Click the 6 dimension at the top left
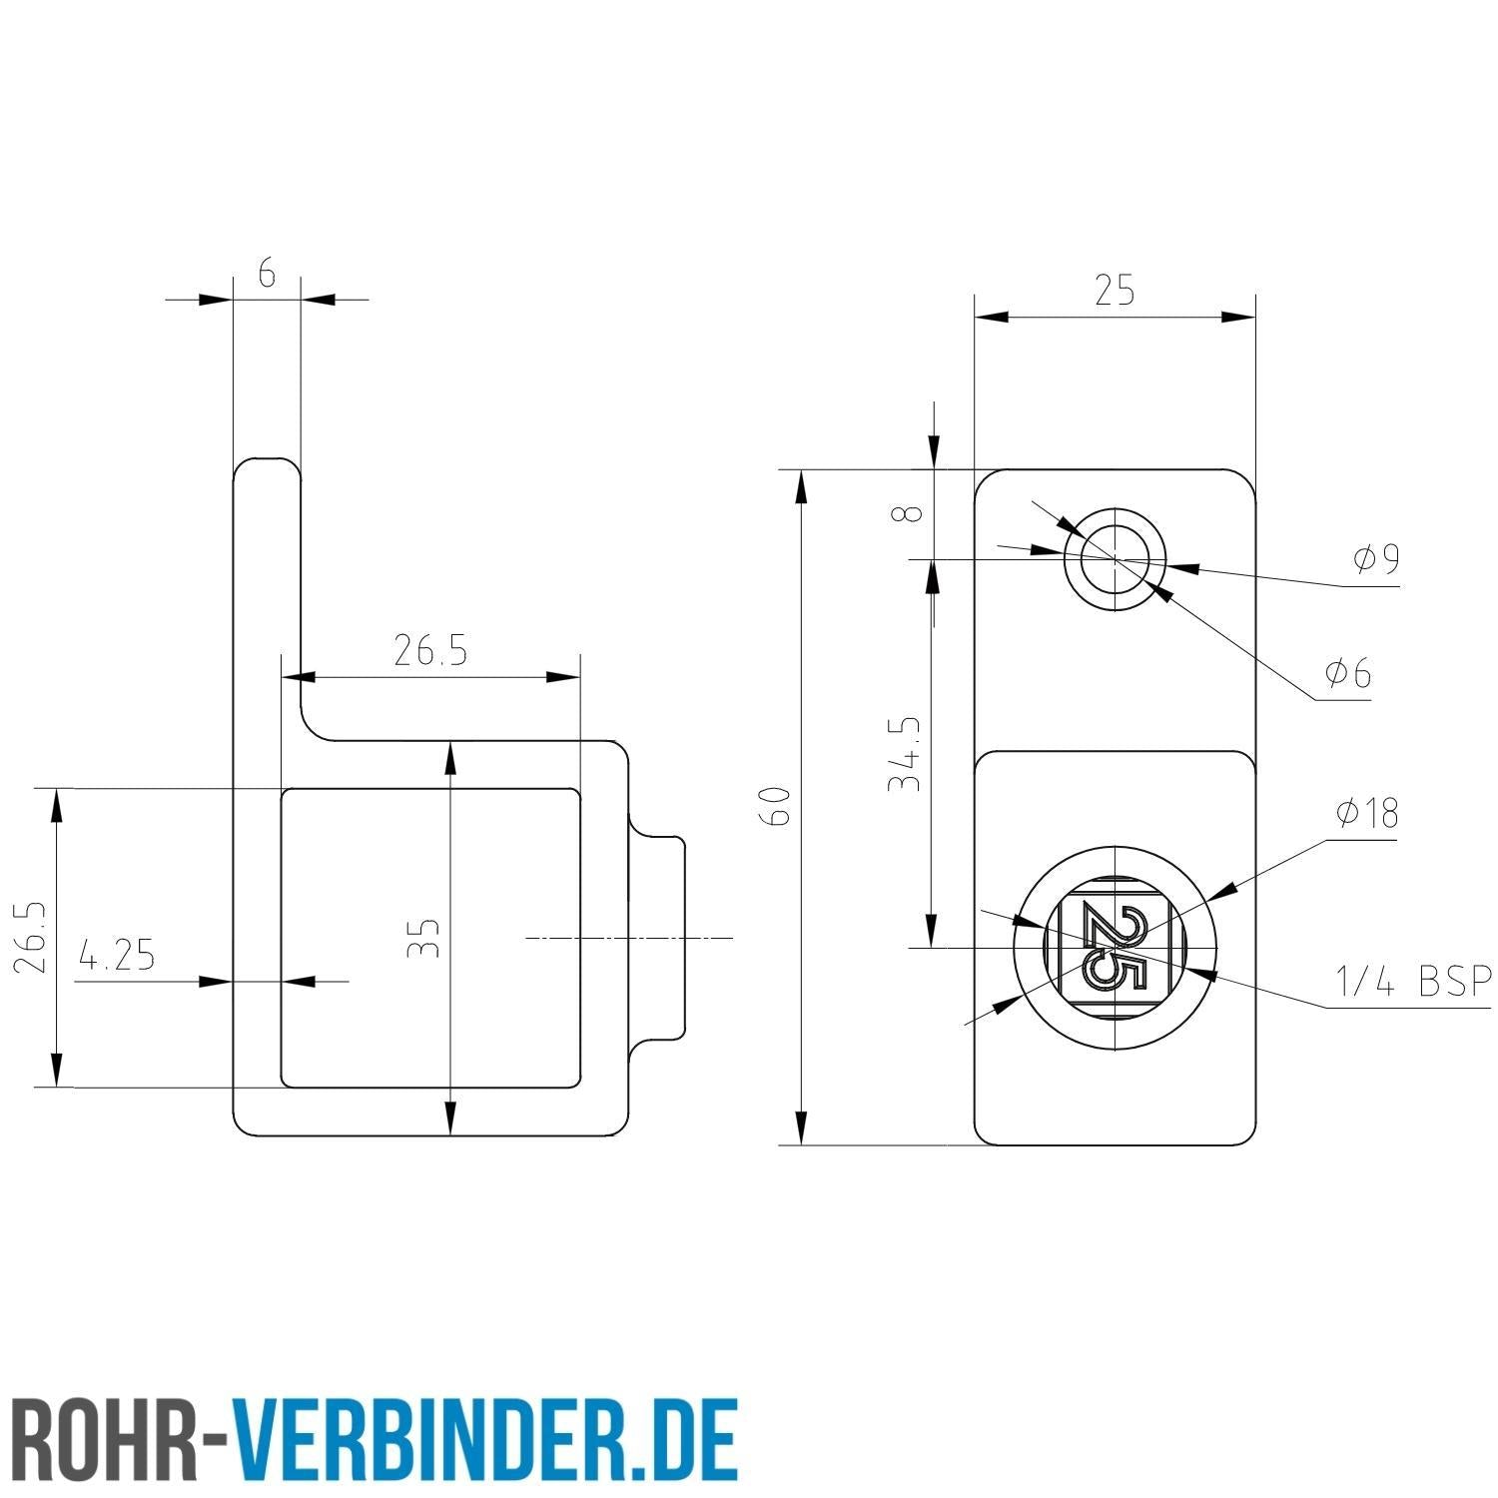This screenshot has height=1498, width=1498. (x=267, y=273)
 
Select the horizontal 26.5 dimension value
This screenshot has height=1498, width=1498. (x=429, y=652)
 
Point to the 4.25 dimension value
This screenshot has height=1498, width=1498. (x=118, y=957)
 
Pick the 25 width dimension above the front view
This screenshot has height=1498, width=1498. (x=1115, y=292)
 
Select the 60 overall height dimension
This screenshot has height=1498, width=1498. (x=777, y=806)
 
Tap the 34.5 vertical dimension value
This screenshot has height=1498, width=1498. (x=905, y=754)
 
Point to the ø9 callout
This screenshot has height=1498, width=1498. (x=1375, y=560)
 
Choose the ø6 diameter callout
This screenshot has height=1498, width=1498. (x=1348, y=674)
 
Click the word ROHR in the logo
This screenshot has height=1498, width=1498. (x=110, y=1438)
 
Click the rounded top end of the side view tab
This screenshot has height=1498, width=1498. (x=267, y=469)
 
